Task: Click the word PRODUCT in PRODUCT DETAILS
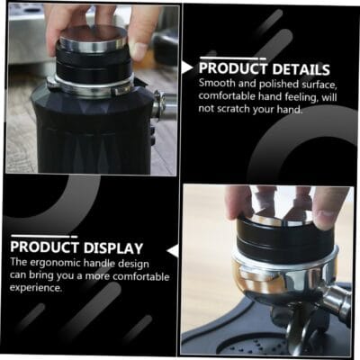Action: click(233, 68)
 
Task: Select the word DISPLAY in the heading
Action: click(113, 248)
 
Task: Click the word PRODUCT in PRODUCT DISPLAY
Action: click(44, 247)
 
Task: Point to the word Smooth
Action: click(217, 83)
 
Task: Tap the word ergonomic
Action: click(55, 263)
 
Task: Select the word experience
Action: click(36, 288)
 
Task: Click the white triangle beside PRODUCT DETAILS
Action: click(187, 67)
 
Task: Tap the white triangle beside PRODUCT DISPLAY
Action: click(174, 251)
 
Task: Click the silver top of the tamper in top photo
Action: click(93, 39)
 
